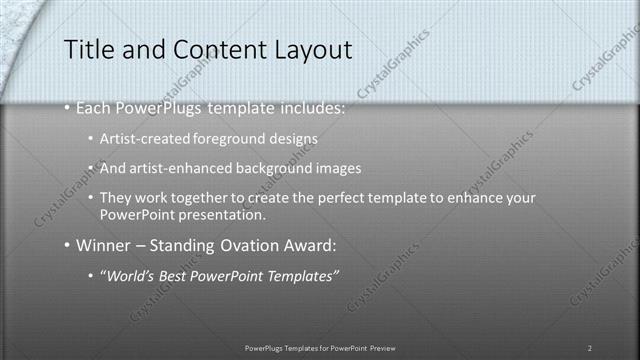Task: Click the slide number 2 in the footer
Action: coord(590,347)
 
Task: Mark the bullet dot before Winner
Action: coord(67,244)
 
